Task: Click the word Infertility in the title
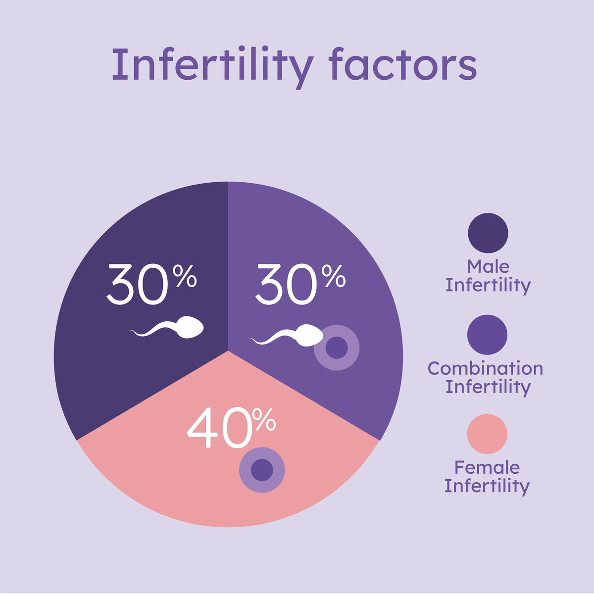pyautogui.click(x=212, y=65)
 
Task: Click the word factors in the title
pyautogui.click(x=402, y=65)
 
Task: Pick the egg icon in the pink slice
pyautogui.click(x=262, y=470)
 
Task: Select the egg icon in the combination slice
pyautogui.click(x=337, y=347)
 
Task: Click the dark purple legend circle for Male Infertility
pyautogui.click(x=488, y=233)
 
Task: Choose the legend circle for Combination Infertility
pyautogui.click(x=487, y=335)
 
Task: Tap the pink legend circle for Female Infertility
pyautogui.click(x=487, y=434)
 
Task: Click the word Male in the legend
pyautogui.click(x=488, y=266)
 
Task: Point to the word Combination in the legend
pyautogui.click(x=485, y=368)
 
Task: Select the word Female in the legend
pyautogui.click(x=487, y=467)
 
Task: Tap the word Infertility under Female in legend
pyautogui.click(x=487, y=486)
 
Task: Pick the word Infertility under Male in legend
pyautogui.click(x=488, y=286)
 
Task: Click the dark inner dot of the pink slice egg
pyautogui.click(x=262, y=470)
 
